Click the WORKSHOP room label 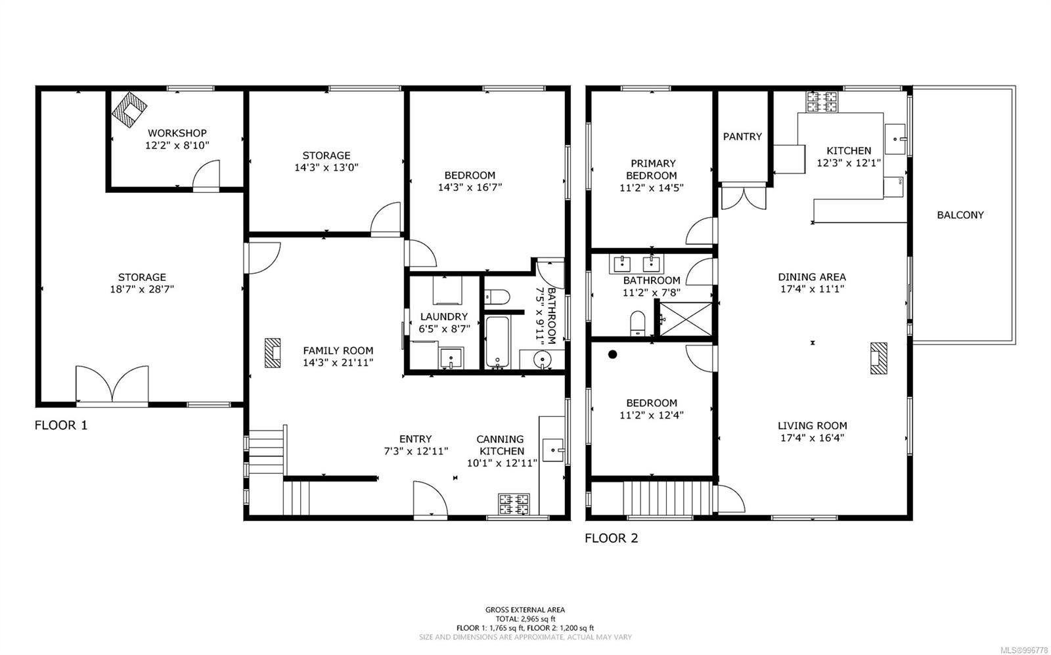tap(177, 133)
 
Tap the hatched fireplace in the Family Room tap(273, 352)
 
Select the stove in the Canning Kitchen tap(514, 504)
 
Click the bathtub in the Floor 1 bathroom tap(497, 341)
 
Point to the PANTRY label tap(742, 137)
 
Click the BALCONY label tap(960, 215)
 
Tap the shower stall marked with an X tap(686, 319)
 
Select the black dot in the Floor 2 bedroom tap(612, 354)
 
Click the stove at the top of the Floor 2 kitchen tap(822, 102)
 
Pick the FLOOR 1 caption tap(61, 425)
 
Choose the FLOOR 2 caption tap(612, 538)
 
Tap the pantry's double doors tap(743, 198)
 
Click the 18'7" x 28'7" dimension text tap(142, 289)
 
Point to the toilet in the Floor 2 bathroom tap(638, 323)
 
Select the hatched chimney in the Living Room tap(878, 358)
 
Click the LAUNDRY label tap(444, 317)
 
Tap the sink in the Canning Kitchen tap(554, 450)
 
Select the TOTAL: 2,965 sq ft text tap(525, 619)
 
